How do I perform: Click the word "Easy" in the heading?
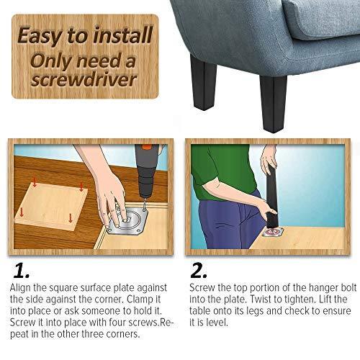pyautogui.click(x=49, y=35)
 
